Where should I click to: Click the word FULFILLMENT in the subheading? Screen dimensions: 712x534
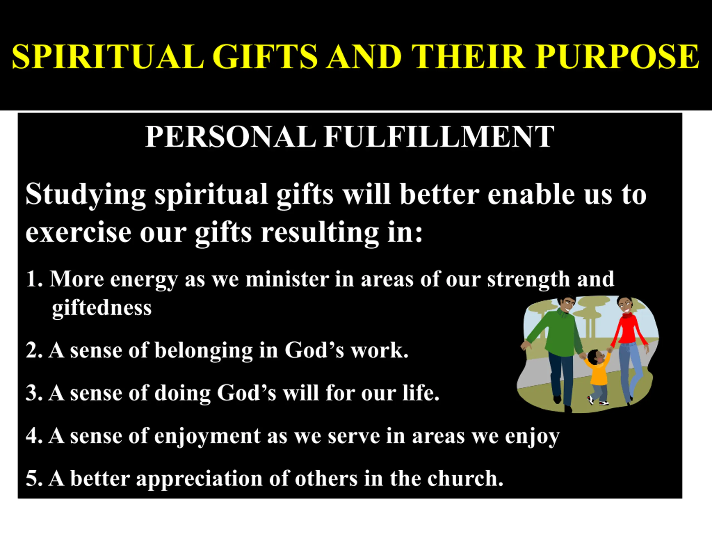point(439,137)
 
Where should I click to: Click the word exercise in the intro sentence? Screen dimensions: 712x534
point(78,233)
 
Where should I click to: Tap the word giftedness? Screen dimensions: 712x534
point(102,308)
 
